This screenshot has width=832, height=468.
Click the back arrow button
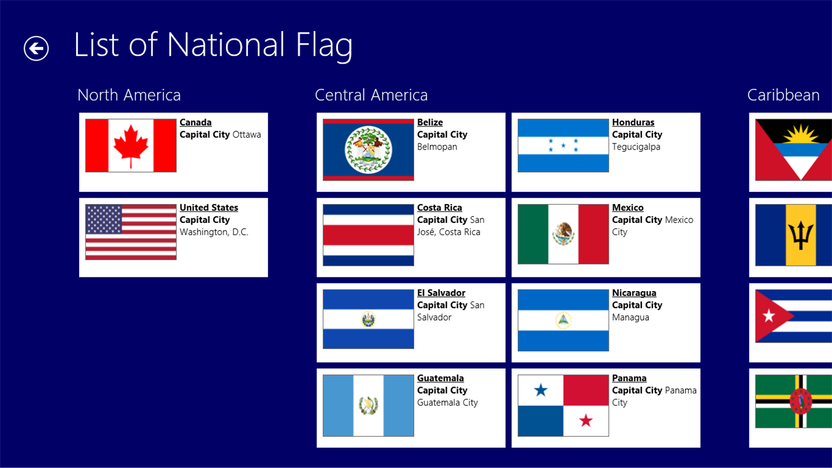(36, 49)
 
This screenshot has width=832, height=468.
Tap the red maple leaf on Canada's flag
(131, 146)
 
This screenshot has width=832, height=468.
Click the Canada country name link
(195, 122)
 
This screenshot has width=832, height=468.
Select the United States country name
(209, 207)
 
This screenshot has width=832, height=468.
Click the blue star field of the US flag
(103, 219)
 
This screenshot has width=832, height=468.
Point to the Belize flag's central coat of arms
(368, 150)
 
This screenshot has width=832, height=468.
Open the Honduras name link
(633, 122)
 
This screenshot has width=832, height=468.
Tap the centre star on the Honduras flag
(563, 145)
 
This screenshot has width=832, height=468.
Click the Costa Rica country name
(439, 207)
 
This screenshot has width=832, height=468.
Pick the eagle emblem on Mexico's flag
(563, 233)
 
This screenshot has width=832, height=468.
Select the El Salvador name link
(441, 293)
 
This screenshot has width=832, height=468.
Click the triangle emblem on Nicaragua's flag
(563, 320)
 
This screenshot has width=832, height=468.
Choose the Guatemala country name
(440, 378)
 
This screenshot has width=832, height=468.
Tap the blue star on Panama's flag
(540, 390)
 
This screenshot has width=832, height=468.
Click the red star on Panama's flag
(586, 421)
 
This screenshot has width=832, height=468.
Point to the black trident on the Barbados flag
(800, 235)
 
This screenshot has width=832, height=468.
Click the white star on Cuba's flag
(768, 316)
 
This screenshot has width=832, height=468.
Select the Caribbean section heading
(783, 95)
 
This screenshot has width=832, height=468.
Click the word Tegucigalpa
(636, 147)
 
